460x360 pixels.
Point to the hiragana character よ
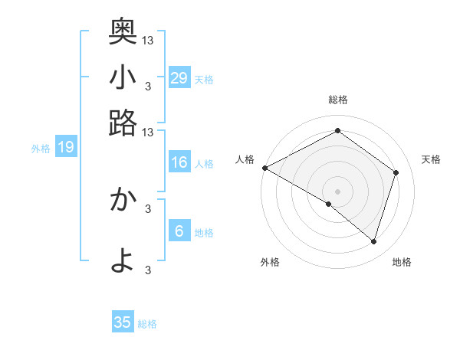tap(123, 260)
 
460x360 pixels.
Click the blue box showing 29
tap(179, 78)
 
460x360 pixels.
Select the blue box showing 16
tap(179, 162)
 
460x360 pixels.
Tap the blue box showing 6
tap(179, 231)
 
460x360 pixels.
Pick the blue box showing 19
tap(66, 147)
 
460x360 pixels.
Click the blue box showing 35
tap(123, 322)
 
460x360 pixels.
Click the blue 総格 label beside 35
tap(148, 324)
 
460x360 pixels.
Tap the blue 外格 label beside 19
tap(41, 149)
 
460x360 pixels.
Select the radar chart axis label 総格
tap(338, 100)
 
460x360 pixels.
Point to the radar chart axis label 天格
tap(431, 159)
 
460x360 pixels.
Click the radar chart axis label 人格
tap(245, 159)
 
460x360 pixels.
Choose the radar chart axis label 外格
tap(270, 263)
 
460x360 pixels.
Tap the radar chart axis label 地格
tap(402, 263)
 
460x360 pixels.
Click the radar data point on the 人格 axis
tap(264, 168)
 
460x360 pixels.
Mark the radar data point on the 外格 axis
tap(329, 204)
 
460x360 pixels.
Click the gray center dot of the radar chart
tap(337, 191)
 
